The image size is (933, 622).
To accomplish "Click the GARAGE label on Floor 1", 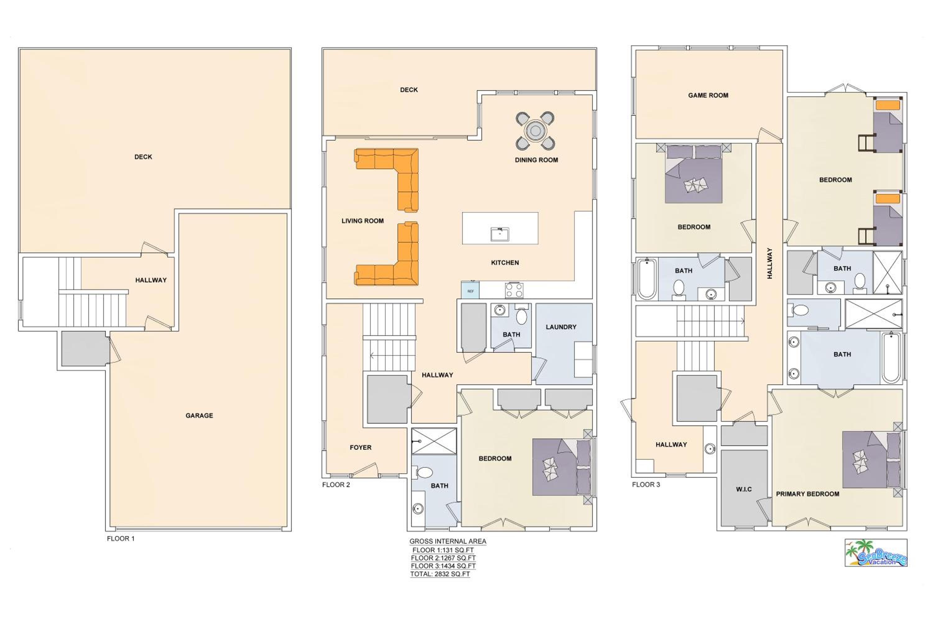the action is point(199,415).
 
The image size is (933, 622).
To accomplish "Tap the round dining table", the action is point(535,131).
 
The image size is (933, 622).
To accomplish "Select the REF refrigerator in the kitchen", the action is point(470,290).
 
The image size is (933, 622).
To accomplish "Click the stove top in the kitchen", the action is point(514,290).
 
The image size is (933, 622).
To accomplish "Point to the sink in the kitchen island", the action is point(500,234).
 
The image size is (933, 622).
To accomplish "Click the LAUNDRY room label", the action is point(561,327).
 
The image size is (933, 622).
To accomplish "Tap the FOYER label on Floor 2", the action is point(360,448).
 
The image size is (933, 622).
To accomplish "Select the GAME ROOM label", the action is point(708,95).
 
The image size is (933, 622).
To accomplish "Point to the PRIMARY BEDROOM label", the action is point(808,494).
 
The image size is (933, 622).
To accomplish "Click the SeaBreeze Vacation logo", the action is point(876,553).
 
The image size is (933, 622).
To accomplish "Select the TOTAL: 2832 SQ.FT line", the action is point(440,574).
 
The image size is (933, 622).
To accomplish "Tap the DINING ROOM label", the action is point(536,160).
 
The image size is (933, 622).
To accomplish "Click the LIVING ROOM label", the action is point(363,221).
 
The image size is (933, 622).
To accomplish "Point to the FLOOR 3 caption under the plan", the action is point(646,484).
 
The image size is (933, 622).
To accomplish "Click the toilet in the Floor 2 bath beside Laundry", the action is point(522,316).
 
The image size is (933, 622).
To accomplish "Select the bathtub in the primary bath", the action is point(891,358).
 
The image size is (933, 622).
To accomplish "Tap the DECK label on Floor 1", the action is point(143,157).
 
